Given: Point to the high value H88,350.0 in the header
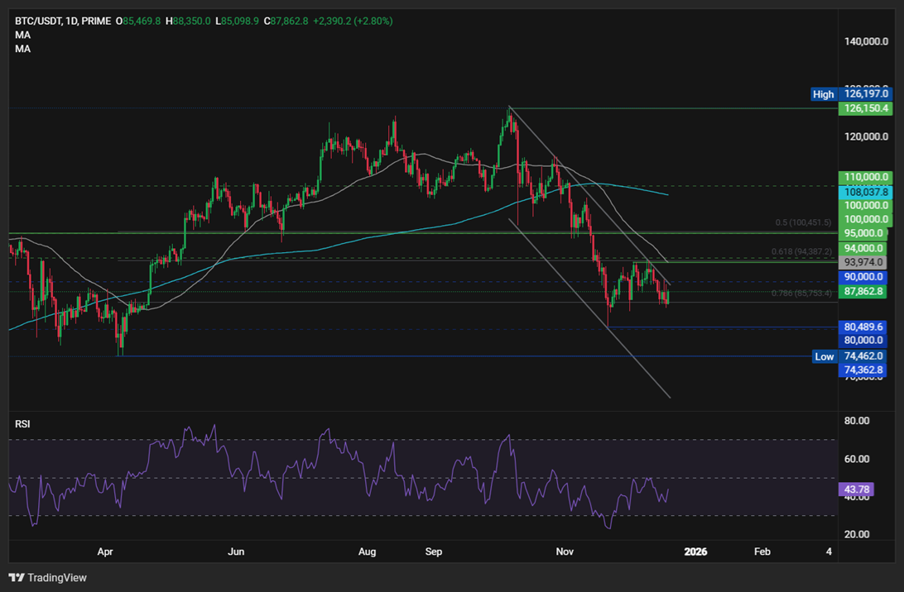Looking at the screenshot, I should tap(188, 21).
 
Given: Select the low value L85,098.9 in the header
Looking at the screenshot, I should tap(237, 21).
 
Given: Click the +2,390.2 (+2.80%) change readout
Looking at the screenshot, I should tap(353, 21).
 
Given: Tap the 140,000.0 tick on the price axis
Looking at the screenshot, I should tap(867, 41).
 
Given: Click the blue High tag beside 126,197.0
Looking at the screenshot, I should tap(823, 94).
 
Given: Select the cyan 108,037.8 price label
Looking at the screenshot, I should tap(865, 191).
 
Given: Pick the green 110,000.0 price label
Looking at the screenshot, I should tap(865, 177).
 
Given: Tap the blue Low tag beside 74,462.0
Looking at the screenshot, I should tap(824, 356).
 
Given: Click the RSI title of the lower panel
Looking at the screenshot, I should tap(22, 424).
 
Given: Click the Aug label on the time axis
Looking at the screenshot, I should tap(368, 551).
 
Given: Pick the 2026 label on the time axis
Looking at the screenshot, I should tap(695, 551).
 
